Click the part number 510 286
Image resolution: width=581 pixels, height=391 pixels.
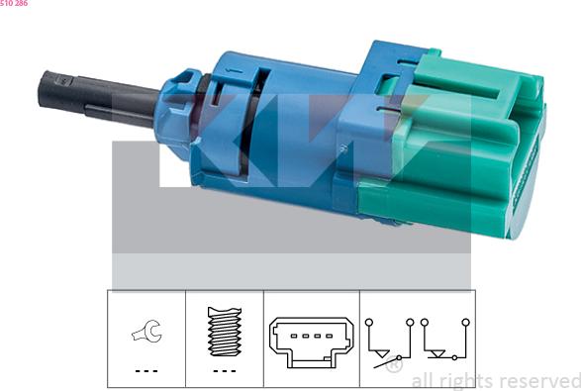click(14, 3)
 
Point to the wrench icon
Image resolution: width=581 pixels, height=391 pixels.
click(146, 331)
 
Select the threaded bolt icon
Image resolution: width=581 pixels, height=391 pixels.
click(225, 332)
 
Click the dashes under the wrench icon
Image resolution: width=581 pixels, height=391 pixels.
click(146, 370)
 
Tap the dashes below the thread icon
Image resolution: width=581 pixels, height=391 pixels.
click(225, 370)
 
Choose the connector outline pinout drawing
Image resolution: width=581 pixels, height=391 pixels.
click(311, 342)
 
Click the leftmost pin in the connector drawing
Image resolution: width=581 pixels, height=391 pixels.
click(293, 337)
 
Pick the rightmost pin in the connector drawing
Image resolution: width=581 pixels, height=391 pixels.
click(329, 337)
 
